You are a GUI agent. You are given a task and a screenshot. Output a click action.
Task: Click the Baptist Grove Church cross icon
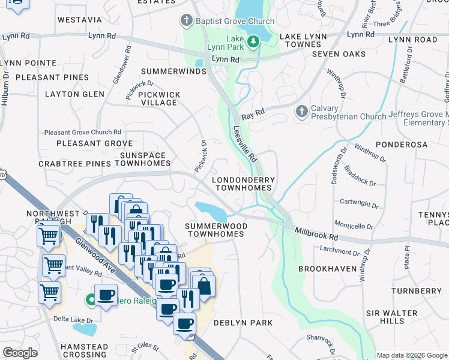[x=187, y=21]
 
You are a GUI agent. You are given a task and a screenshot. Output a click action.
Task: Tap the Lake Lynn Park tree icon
[x=253, y=41]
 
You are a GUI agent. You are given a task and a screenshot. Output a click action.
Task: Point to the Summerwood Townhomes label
[x=215, y=230]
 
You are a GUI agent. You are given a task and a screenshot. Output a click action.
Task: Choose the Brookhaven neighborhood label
[x=327, y=269]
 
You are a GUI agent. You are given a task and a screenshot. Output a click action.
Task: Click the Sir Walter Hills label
[x=392, y=317]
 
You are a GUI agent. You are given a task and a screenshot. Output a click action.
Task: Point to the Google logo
[x=20, y=353]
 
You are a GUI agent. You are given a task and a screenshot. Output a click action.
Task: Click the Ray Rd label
[x=253, y=113]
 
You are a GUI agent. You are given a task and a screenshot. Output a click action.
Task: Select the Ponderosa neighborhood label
[x=401, y=145]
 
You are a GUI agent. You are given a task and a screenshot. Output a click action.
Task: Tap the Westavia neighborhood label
[x=80, y=20]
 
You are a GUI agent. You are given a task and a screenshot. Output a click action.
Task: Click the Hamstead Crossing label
[x=85, y=350]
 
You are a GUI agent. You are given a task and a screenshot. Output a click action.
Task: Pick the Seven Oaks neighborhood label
[x=339, y=54]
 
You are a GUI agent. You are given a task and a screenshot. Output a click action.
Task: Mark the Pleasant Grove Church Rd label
[x=83, y=132]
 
